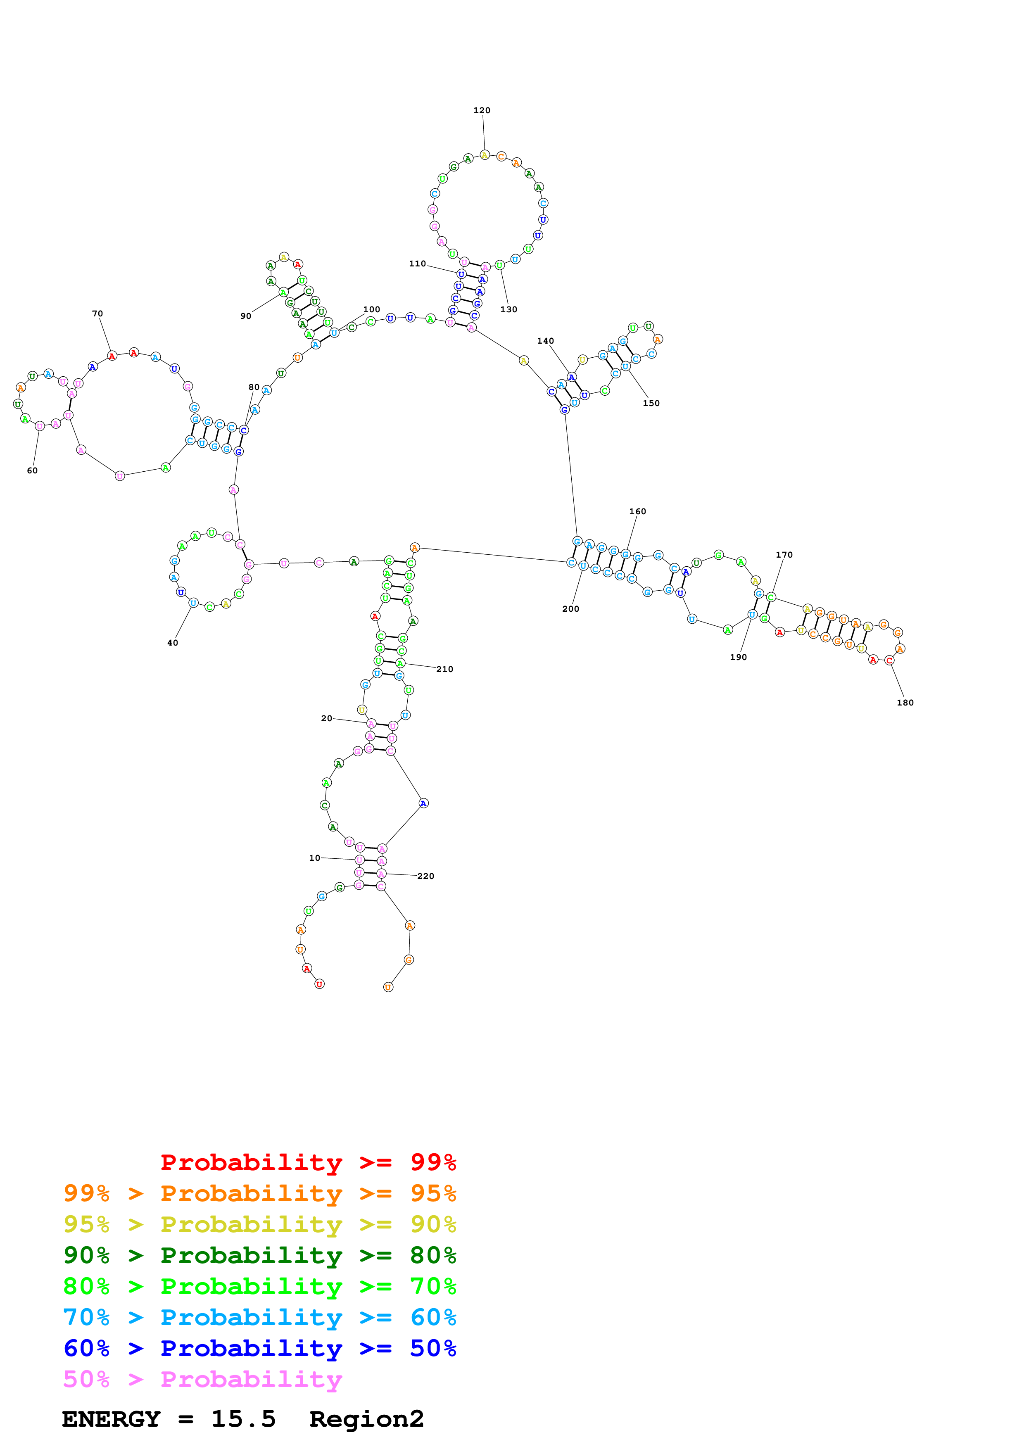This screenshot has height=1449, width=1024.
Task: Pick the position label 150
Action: (x=651, y=403)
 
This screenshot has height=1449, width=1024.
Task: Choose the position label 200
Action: (x=570, y=608)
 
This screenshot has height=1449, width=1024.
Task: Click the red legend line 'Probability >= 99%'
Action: (x=308, y=1162)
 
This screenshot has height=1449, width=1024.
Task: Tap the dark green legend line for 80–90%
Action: (x=259, y=1255)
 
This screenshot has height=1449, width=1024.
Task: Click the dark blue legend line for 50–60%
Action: (x=259, y=1348)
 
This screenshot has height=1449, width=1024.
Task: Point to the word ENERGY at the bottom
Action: (x=111, y=1419)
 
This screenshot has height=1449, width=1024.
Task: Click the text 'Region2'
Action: (x=366, y=1419)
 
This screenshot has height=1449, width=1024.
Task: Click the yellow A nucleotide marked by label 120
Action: (x=485, y=154)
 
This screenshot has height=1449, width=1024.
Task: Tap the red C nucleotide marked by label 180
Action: (x=889, y=661)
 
